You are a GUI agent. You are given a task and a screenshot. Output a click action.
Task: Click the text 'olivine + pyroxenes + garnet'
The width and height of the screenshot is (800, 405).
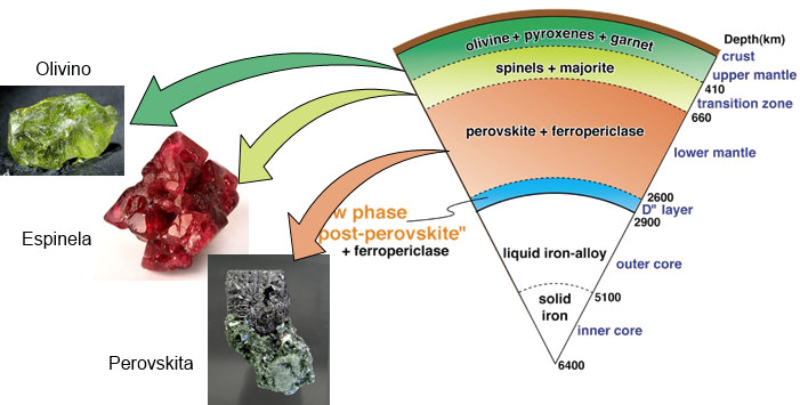555,43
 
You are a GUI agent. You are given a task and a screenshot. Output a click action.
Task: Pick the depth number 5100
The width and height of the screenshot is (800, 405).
605,297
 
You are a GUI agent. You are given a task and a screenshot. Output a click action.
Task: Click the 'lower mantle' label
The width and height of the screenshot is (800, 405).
712,153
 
